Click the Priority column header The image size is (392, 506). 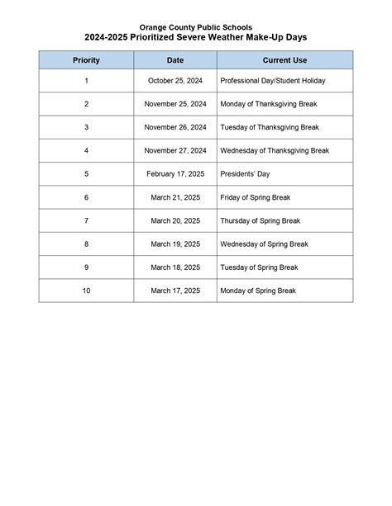pos(86,60)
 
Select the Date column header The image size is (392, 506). pos(175,60)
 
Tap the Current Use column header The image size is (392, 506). pos(285,60)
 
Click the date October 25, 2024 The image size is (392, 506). pos(175,81)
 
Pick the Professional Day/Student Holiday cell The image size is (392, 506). pos(273,81)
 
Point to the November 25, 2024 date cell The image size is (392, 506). pos(175,104)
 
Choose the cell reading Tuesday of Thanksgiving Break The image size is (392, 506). pos(269,128)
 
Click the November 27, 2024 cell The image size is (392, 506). pos(175,151)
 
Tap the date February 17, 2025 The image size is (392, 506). pos(175,174)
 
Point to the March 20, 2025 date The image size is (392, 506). pos(175,221)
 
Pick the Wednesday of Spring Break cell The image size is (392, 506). pos(264,244)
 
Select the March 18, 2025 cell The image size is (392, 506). pos(175,267)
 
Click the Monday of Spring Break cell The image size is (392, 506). pos(258,291)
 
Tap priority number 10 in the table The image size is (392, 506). pos(86,291)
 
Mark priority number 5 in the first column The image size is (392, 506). pos(86,174)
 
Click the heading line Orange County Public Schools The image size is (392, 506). pos(196,28)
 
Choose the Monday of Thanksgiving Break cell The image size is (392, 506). pos(268,104)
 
